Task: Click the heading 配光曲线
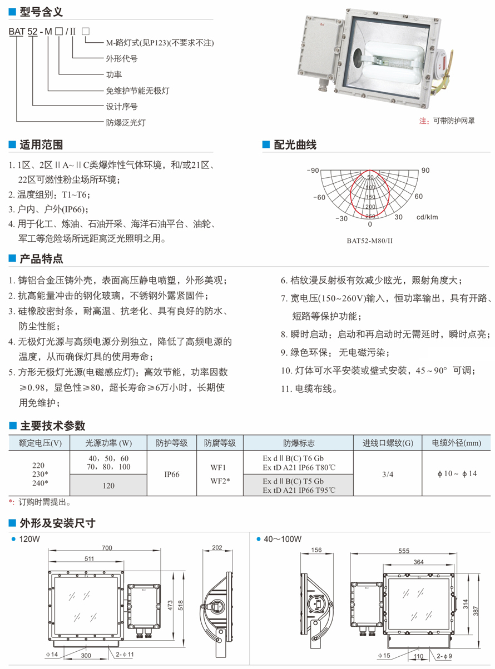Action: (x=295, y=145)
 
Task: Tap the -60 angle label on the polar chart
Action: (x=319, y=197)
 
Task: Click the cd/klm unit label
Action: (x=427, y=217)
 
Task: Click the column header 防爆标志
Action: (x=299, y=443)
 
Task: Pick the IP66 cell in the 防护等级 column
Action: (x=171, y=475)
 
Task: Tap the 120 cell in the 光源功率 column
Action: (x=108, y=486)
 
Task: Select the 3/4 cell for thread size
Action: (x=388, y=474)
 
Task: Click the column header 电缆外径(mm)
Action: (x=456, y=443)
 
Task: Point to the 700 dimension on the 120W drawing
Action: (x=107, y=548)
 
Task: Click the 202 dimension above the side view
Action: (x=217, y=548)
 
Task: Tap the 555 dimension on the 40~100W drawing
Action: (x=404, y=551)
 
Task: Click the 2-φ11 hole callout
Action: (x=125, y=655)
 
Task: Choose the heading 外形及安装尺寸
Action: (x=57, y=523)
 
